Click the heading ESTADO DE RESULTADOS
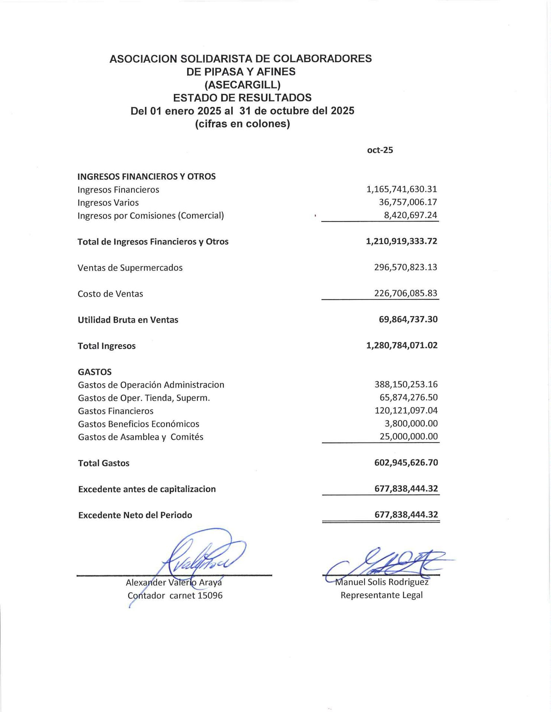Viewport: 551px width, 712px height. pos(242,98)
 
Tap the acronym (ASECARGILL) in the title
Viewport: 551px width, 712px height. pos(242,85)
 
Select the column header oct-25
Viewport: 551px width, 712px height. pos(380,150)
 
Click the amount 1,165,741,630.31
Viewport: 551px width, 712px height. pos(402,189)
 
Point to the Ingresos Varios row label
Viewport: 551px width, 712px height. pos(108,203)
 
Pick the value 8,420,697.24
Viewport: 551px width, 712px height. pos(410,215)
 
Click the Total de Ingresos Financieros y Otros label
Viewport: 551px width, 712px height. pos(153,242)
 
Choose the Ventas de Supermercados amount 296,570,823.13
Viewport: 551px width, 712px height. pos(405,267)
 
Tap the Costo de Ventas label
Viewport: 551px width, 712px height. pos(110,294)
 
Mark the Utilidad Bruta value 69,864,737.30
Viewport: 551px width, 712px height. pos(408,320)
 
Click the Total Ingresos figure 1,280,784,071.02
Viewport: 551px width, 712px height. pos(402,346)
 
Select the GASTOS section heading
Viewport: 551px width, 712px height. pos(95,372)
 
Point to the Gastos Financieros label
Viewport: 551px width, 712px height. pos(115,411)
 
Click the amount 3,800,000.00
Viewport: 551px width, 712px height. pos(411,423)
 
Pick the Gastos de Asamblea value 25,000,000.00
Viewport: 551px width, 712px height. pos(408,436)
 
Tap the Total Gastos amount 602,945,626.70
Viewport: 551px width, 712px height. pos(406,463)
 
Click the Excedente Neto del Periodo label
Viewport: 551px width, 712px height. pos(135,515)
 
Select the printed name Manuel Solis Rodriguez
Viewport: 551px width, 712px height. pos(382,582)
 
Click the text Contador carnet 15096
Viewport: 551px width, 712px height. pos(175,596)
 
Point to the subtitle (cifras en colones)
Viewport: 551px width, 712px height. pos(242,124)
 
